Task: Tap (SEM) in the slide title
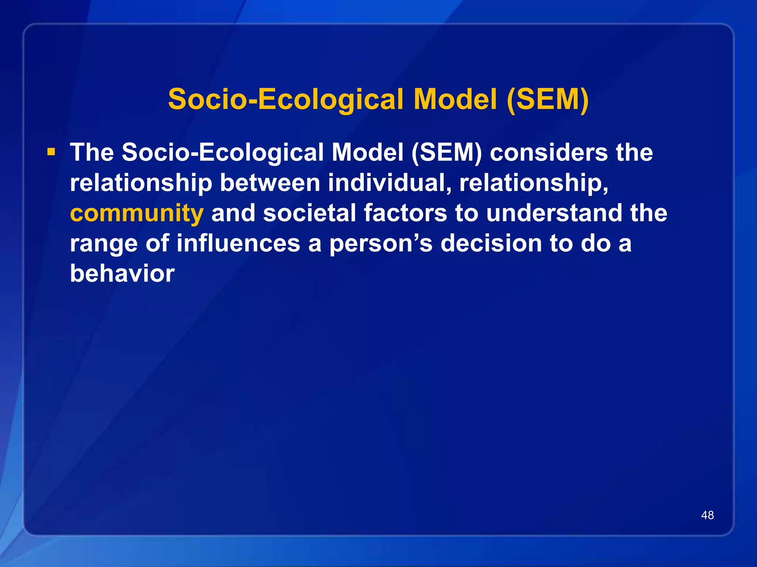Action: [x=548, y=99]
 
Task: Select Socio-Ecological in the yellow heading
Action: [x=285, y=99]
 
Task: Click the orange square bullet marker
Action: [x=51, y=152]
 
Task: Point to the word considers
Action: [x=549, y=152]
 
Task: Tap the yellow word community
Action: [x=137, y=213]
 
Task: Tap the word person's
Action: [x=381, y=244]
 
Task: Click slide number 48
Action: [x=707, y=515]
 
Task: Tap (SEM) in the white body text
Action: [x=447, y=152]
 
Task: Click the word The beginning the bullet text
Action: [x=92, y=152]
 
